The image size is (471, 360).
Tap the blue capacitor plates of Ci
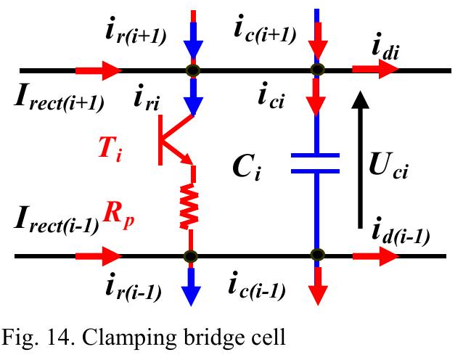tap(316, 163)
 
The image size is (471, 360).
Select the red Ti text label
tap(112, 150)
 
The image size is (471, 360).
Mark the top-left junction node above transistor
tap(193, 70)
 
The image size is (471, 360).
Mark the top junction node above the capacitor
tap(316, 70)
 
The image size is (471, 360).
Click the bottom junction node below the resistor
tap(190, 255)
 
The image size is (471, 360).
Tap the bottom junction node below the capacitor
tap(316, 255)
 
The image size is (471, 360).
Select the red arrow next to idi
tap(374, 70)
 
